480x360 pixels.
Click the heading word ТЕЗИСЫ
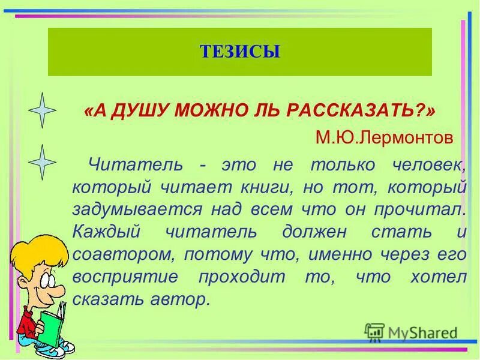[x=240, y=52]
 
